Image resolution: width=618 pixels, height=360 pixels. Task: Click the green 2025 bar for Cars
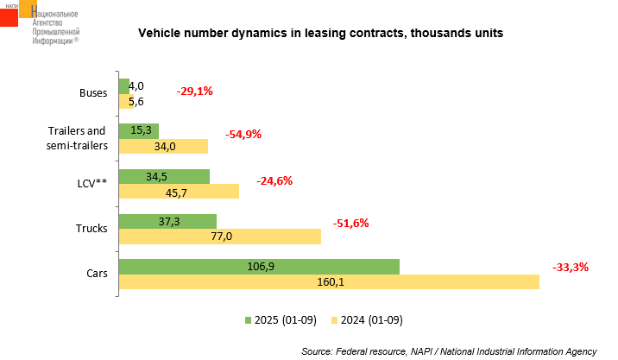coord(259,267)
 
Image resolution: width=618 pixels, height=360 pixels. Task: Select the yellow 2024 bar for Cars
coord(328,281)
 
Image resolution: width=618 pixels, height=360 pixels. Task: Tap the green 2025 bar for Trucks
coord(167,222)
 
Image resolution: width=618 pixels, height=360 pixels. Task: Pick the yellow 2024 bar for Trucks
coord(219,237)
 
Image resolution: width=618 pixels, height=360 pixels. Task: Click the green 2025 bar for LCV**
coord(164,176)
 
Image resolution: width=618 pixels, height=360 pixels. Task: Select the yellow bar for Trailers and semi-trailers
coord(163,146)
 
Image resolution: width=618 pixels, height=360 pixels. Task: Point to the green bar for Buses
coord(123,85)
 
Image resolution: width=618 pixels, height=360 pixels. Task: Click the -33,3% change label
coord(570,267)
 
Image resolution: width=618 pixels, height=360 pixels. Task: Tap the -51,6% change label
coord(350,223)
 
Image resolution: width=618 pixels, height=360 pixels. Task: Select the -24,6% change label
coord(274,180)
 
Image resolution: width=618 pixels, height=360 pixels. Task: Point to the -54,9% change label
coord(243,134)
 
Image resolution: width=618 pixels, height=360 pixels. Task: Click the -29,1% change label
coord(194,91)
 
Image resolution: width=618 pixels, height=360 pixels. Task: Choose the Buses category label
coord(93,93)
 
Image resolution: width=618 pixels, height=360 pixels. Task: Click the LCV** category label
coord(91,183)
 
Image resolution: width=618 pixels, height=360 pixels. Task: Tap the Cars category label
coord(97,274)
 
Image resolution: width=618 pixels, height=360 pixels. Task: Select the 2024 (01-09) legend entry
coord(366,320)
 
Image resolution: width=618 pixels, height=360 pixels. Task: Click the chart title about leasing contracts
coord(321,34)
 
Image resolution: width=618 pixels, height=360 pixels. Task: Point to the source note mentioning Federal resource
coord(449,351)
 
